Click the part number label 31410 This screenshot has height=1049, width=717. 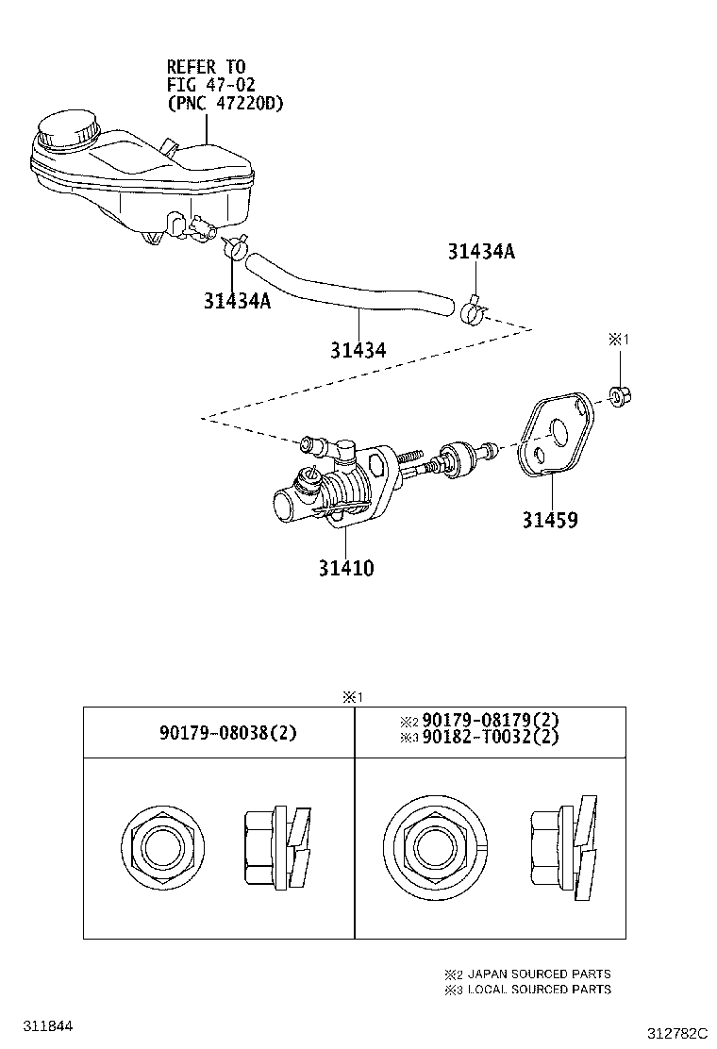coord(345,569)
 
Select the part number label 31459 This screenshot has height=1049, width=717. coord(550,520)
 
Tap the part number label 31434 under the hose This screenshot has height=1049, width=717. coord(358,350)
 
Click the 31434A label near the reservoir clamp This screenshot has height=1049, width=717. coord(237,301)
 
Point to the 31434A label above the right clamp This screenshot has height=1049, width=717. coord(481,252)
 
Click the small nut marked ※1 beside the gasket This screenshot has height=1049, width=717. coord(620,395)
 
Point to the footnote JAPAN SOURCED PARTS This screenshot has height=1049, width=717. coord(539,974)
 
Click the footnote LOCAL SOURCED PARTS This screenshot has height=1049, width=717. coord(539,990)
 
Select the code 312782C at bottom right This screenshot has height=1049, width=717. coord(676,1034)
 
